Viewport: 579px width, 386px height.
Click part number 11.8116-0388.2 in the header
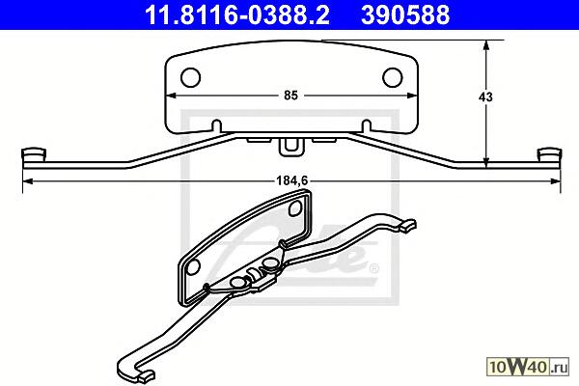pyautogui.click(x=237, y=14)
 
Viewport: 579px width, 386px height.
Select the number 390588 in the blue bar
pyautogui.click(x=405, y=14)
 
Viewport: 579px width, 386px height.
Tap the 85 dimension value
pyautogui.click(x=290, y=96)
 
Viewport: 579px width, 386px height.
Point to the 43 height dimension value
pyautogui.click(x=485, y=97)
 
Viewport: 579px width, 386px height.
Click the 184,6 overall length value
pyautogui.click(x=291, y=180)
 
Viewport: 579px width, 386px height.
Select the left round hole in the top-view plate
pyautogui.click(x=190, y=77)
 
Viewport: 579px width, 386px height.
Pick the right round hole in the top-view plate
pyautogui.click(x=393, y=77)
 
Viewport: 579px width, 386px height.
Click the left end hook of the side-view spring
pyautogui.click(x=34, y=154)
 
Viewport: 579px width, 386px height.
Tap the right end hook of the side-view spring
pyautogui.click(x=549, y=154)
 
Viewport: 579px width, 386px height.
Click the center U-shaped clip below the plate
pyautogui.click(x=291, y=148)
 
